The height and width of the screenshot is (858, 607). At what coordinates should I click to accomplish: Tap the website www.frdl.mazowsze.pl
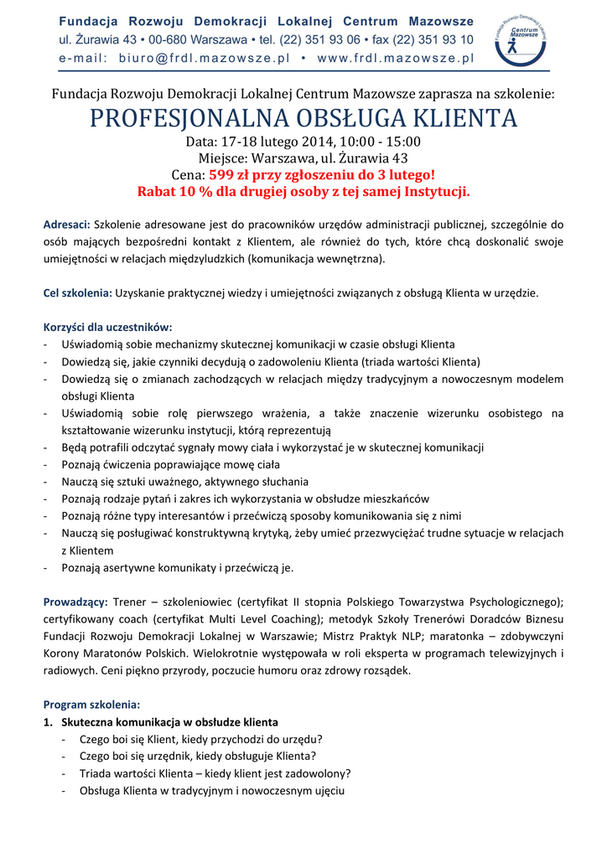[396, 59]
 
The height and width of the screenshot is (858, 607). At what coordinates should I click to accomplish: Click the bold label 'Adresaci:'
[67, 225]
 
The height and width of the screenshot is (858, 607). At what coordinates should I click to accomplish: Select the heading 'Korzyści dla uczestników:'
[107, 327]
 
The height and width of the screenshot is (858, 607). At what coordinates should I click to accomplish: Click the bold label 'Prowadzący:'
[75, 602]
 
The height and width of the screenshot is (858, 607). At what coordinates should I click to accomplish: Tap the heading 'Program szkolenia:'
[91, 705]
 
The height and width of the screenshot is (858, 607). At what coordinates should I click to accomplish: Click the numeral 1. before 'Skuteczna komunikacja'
[48, 721]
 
